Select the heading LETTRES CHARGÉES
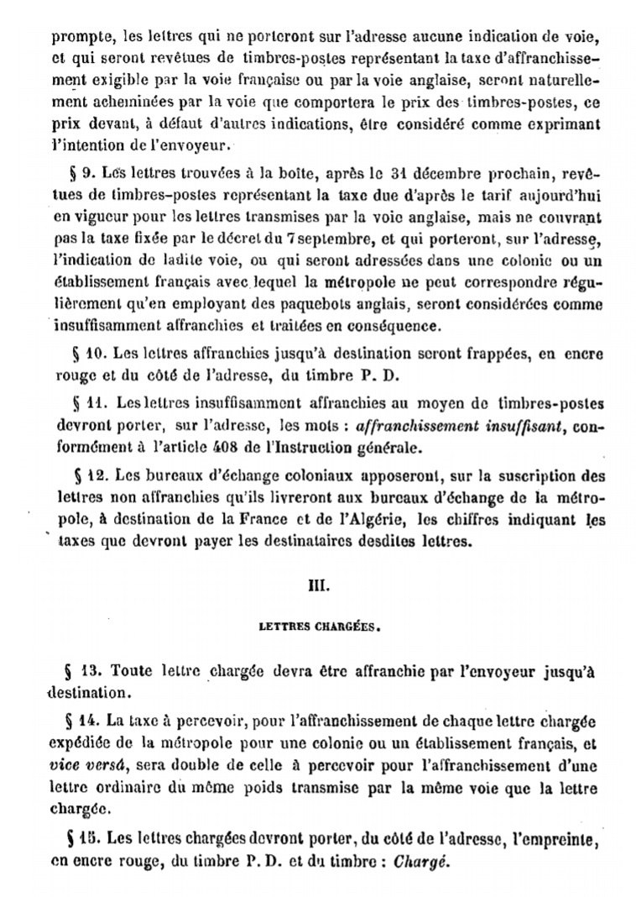click(x=321, y=627)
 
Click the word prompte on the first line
click(x=73, y=37)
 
